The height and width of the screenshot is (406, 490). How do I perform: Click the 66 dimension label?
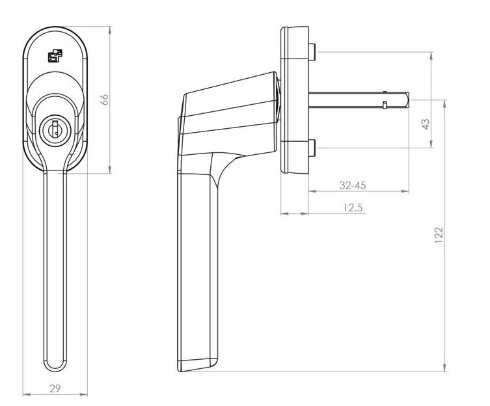click(x=104, y=100)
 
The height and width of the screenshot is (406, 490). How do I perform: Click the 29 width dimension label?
click(x=55, y=388)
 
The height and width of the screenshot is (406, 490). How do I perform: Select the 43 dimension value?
click(x=426, y=124)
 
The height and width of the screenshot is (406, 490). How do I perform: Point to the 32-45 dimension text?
click(x=353, y=185)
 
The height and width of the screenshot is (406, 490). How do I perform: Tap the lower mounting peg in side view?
click(x=313, y=148)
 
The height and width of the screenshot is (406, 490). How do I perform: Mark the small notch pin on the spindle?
click(x=385, y=104)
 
